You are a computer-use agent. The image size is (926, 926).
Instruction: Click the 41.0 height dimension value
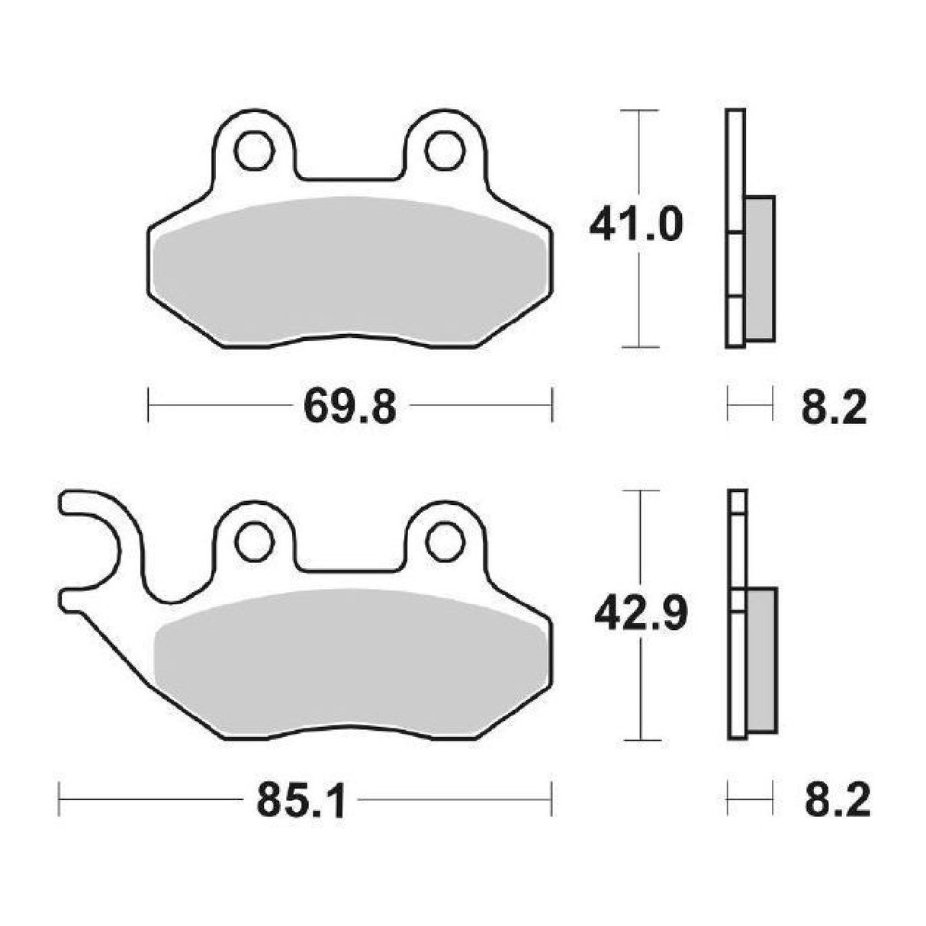pyautogui.click(x=635, y=227)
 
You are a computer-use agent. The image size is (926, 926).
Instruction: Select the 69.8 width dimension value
pyautogui.click(x=350, y=407)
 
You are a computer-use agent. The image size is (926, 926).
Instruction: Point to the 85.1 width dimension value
pyautogui.click(x=301, y=800)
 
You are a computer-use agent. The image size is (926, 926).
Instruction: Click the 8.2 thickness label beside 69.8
pyautogui.click(x=834, y=407)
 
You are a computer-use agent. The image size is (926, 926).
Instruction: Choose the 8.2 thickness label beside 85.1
pyautogui.click(x=837, y=800)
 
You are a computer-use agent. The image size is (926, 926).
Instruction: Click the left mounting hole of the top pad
pyautogui.click(x=255, y=152)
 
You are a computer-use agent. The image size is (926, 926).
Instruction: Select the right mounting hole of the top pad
pyautogui.click(x=445, y=151)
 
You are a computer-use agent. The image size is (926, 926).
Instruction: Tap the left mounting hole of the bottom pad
pyautogui.click(x=255, y=542)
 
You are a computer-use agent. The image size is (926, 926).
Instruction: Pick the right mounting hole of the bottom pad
pyautogui.click(x=445, y=542)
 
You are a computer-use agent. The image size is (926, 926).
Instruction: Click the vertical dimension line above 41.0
pyautogui.click(x=638, y=153)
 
